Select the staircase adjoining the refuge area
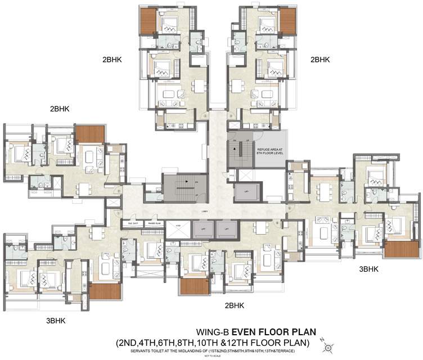pyautogui.click(x=240, y=150)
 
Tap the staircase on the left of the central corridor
pyautogui.click(x=182, y=187)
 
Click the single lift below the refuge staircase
pyautogui.click(x=246, y=192)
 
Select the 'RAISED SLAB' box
pyautogui.click(x=155, y=223)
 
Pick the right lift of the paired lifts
pyautogui.click(x=224, y=229)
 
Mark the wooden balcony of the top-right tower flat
pyautogui.click(x=287, y=21)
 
